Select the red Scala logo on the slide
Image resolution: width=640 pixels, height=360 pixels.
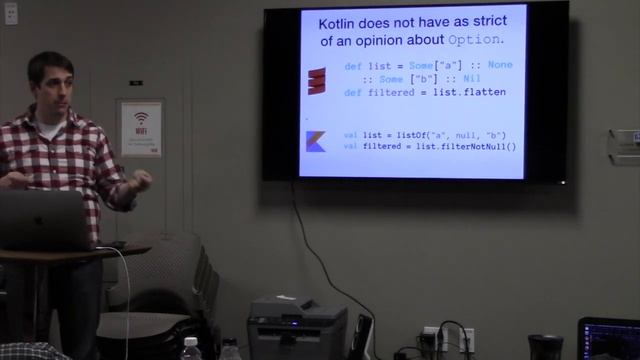click(317, 80)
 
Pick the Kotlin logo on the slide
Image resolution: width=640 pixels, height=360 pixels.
click(316, 141)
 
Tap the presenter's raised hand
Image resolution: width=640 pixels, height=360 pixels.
click(141, 181)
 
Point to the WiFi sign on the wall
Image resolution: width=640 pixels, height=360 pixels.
click(141, 127)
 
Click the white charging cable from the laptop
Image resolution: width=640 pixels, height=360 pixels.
click(127, 300)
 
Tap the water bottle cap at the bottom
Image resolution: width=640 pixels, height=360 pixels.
click(190, 343)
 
